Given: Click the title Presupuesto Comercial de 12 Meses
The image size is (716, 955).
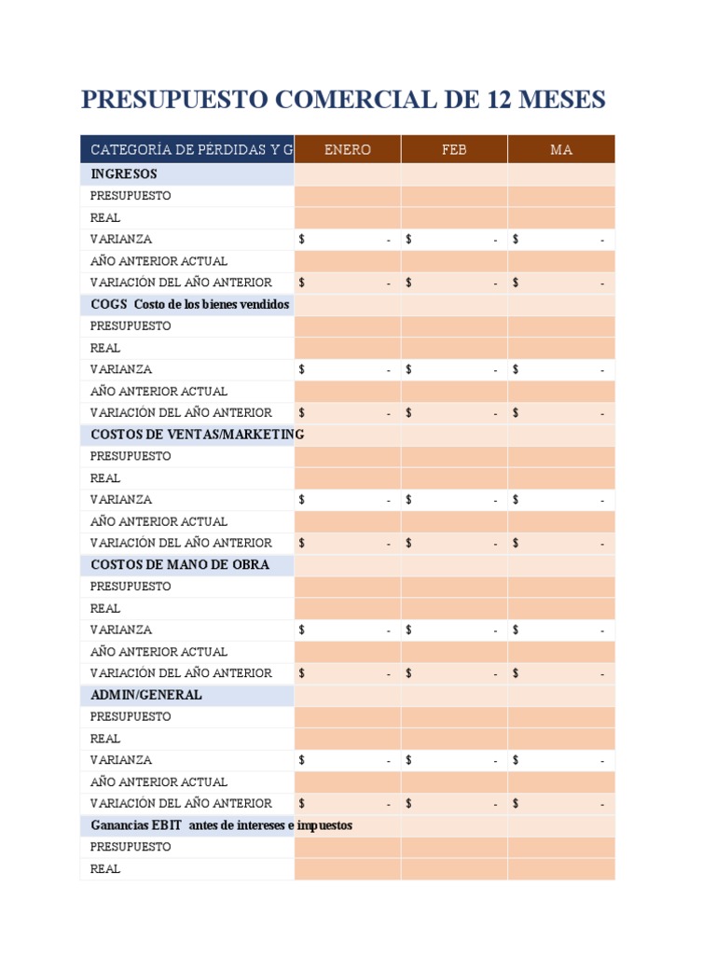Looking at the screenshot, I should (x=343, y=100).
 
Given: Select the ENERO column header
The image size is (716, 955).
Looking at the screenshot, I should (x=347, y=149).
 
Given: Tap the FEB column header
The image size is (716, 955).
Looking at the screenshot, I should (x=454, y=149).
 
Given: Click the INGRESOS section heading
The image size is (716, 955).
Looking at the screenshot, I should (x=124, y=174).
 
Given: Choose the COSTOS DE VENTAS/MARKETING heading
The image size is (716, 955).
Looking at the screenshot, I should (x=198, y=435).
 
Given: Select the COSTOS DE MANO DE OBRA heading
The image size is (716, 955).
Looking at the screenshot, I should (x=180, y=564).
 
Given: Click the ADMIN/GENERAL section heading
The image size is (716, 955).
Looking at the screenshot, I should (x=146, y=695).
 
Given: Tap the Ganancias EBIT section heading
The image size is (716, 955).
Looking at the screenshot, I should (x=221, y=825).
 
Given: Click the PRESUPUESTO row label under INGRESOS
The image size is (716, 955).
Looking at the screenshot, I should (x=131, y=196).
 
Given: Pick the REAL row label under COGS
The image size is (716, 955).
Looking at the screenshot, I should (x=105, y=348).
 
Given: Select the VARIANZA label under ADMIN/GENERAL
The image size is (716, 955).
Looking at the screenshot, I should (x=121, y=760).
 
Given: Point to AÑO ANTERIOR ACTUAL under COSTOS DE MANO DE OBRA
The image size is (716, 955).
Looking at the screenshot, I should (x=158, y=652).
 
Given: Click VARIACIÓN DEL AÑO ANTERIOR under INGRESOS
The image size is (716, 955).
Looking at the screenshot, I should (x=181, y=283).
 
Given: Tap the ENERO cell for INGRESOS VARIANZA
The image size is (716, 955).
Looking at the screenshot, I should (x=347, y=240).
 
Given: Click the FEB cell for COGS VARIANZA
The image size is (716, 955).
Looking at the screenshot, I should (x=454, y=369).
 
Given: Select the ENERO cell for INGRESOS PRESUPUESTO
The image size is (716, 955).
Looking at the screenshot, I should (x=347, y=196).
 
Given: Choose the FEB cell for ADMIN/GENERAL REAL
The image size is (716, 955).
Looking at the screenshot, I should (x=454, y=739).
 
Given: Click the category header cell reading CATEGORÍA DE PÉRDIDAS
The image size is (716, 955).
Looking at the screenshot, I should (x=187, y=149).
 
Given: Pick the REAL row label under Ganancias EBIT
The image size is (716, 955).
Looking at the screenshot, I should (x=105, y=869).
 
